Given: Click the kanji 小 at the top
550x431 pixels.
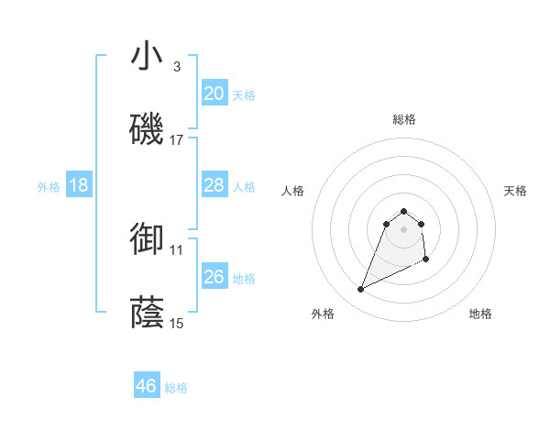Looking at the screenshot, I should pyautogui.click(x=147, y=57).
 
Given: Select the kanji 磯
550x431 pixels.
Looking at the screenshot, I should pyautogui.click(x=147, y=128).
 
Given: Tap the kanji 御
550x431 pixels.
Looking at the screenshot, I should pyautogui.click(x=147, y=238).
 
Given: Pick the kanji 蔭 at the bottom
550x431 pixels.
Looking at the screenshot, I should pyautogui.click(x=147, y=312).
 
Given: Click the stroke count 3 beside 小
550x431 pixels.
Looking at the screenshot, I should pyautogui.click(x=177, y=67).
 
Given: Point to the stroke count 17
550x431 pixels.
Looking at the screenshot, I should pyautogui.click(x=177, y=140).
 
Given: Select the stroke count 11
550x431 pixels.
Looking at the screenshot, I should pyautogui.click(x=177, y=249).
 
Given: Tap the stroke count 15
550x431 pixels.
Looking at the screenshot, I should pyautogui.click(x=177, y=323).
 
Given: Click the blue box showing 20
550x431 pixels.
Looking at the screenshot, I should pyautogui.click(x=214, y=94).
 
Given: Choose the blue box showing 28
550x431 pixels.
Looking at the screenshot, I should pyautogui.click(x=214, y=185).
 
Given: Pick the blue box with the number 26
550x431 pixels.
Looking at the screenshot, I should pyautogui.click(x=214, y=277).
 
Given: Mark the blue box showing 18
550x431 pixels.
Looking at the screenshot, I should pyautogui.click(x=79, y=185).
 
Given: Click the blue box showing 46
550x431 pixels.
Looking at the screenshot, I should pyautogui.click(x=147, y=386).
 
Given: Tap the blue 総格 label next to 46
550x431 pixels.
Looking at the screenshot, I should pyautogui.click(x=176, y=388).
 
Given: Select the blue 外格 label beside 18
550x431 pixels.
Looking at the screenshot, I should pyautogui.click(x=49, y=187).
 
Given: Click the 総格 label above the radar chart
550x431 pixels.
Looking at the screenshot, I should pyautogui.click(x=403, y=119).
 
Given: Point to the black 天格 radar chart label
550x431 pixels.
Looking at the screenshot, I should pyautogui.click(x=515, y=191).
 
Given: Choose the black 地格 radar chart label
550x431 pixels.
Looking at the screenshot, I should pyautogui.click(x=480, y=314).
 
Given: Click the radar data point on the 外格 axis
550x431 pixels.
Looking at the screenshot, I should pyautogui.click(x=360, y=290).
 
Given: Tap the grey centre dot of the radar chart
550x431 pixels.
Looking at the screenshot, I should pyautogui.click(x=403, y=228).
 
